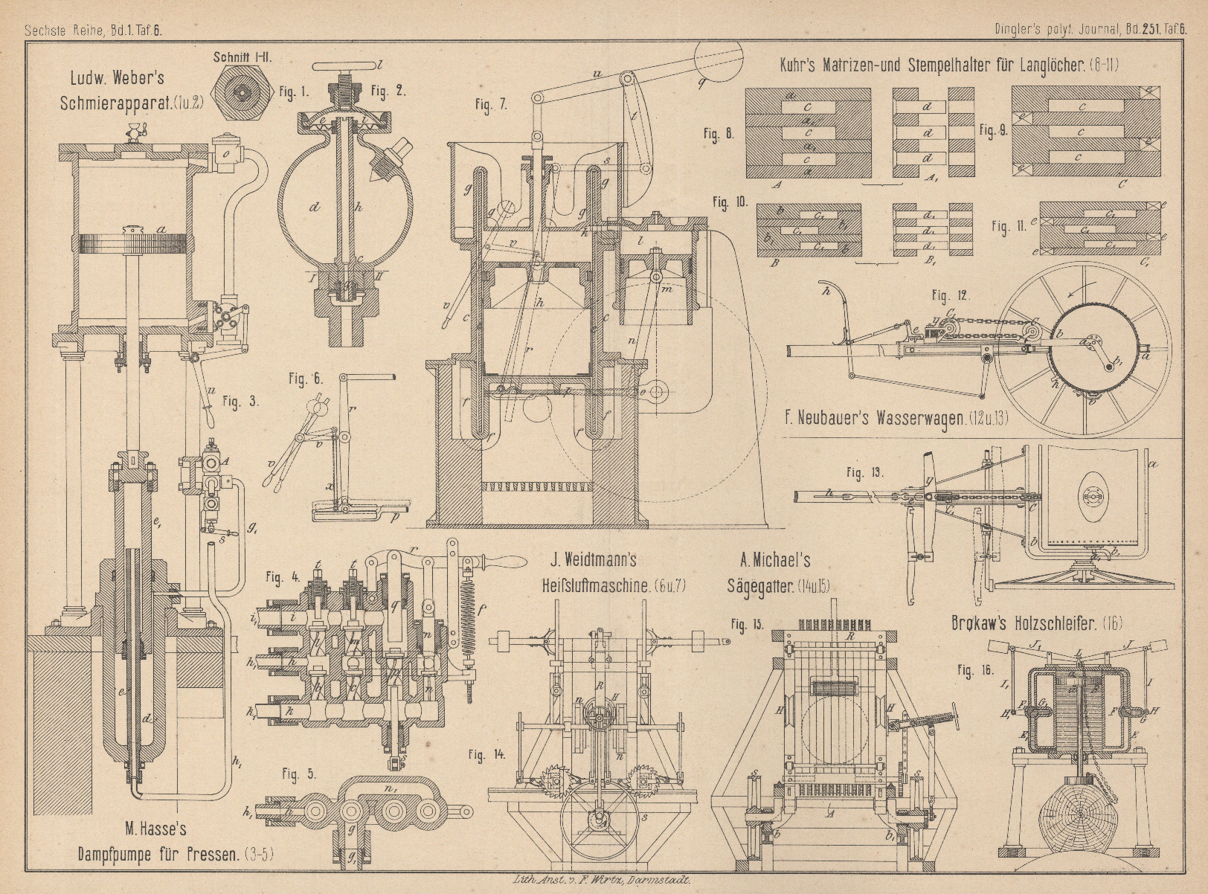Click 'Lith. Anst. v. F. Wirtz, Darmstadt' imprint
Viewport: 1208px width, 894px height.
pyautogui.click(x=603, y=878)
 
